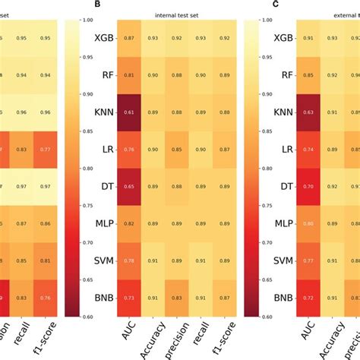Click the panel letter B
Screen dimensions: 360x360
tap(96, 5)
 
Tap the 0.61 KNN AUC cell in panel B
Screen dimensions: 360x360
tap(130, 112)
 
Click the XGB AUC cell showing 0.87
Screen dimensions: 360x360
tap(130, 37)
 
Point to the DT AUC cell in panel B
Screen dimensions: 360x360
tap(130, 186)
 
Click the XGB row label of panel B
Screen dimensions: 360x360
tap(104, 37)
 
